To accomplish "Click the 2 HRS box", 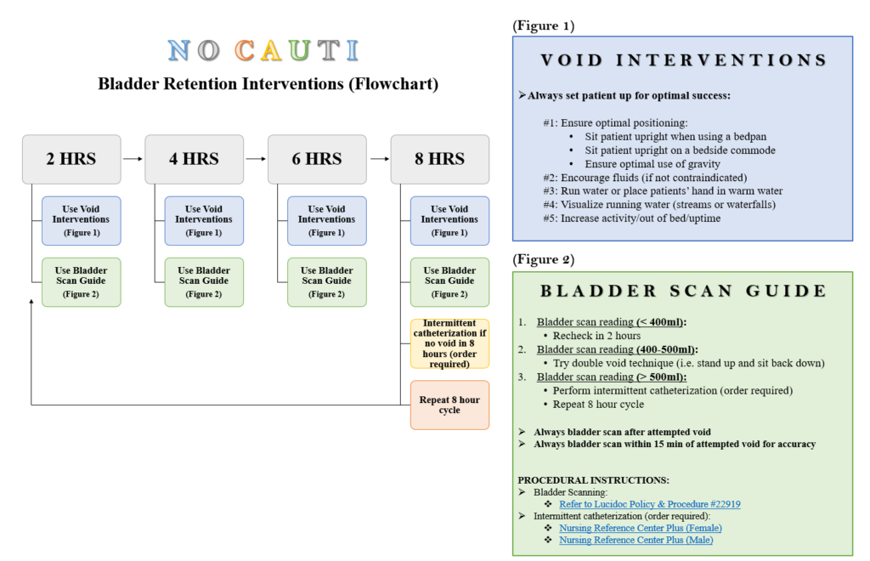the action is tap(71, 159).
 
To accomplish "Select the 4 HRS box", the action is tap(195, 159).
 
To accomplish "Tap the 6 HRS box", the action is tap(318, 159).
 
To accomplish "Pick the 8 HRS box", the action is tap(440, 159).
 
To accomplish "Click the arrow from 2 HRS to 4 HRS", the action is tap(133, 159).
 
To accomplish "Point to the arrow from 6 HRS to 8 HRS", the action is tap(380, 159).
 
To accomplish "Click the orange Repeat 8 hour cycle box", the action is tap(450, 405).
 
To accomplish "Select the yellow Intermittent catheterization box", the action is tap(450, 343).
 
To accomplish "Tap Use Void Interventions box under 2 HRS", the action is tap(82, 221).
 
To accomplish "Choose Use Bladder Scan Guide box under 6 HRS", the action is tap(327, 282).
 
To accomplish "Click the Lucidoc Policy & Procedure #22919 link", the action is tap(650, 504).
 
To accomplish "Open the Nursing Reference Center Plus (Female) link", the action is tap(641, 528).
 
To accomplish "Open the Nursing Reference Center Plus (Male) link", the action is tap(636, 540).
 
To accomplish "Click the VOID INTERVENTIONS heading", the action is tap(684, 60).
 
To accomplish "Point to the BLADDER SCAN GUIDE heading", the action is tap(684, 291).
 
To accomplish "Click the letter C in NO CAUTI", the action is tap(245, 50).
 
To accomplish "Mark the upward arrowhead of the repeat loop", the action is tap(31, 301).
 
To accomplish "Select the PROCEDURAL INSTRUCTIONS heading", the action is tap(594, 480).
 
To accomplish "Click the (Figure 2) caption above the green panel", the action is tap(544, 259).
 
